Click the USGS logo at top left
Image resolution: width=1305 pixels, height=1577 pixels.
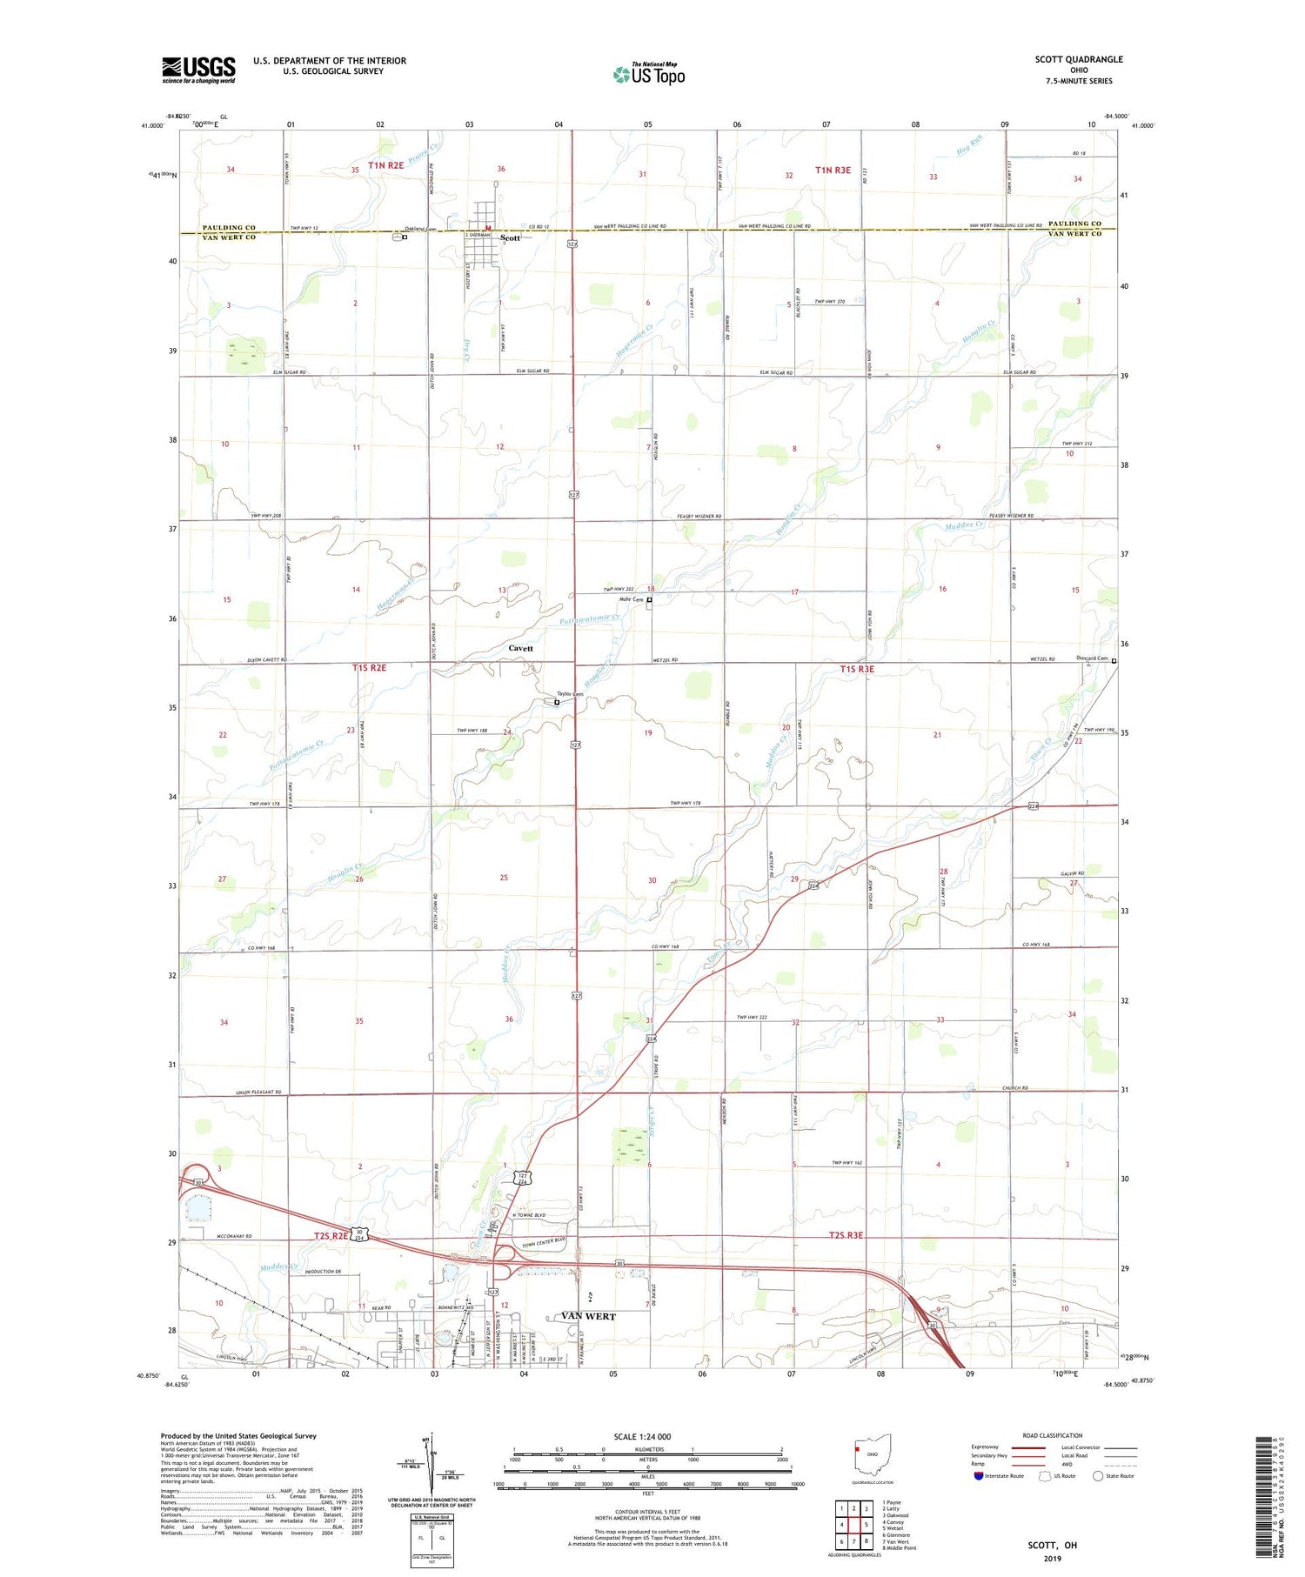198,70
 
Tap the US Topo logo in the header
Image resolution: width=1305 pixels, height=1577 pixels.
649,74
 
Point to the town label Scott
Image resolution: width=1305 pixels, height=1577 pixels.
511,237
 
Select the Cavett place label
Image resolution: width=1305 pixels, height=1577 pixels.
520,648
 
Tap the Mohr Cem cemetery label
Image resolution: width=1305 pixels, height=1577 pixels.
630,599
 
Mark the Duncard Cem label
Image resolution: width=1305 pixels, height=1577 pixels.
1091,658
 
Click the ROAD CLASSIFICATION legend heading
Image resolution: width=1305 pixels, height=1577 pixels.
1053,1435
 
